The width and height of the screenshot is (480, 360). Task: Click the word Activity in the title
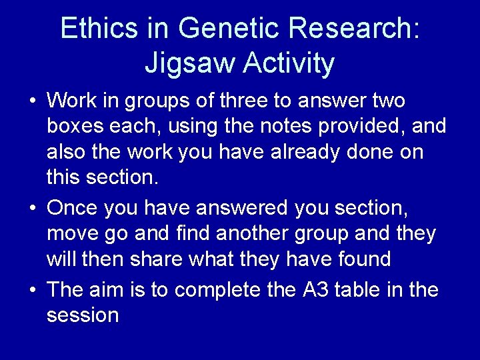pyautogui.click(x=289, y=63)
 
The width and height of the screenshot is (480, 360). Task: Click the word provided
pyautogui.click(x=371, y=126)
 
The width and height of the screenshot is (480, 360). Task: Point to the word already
pyautogui.click(x=279, y=151)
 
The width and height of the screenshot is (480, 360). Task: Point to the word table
pyautogui.click(x=363, y=290)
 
